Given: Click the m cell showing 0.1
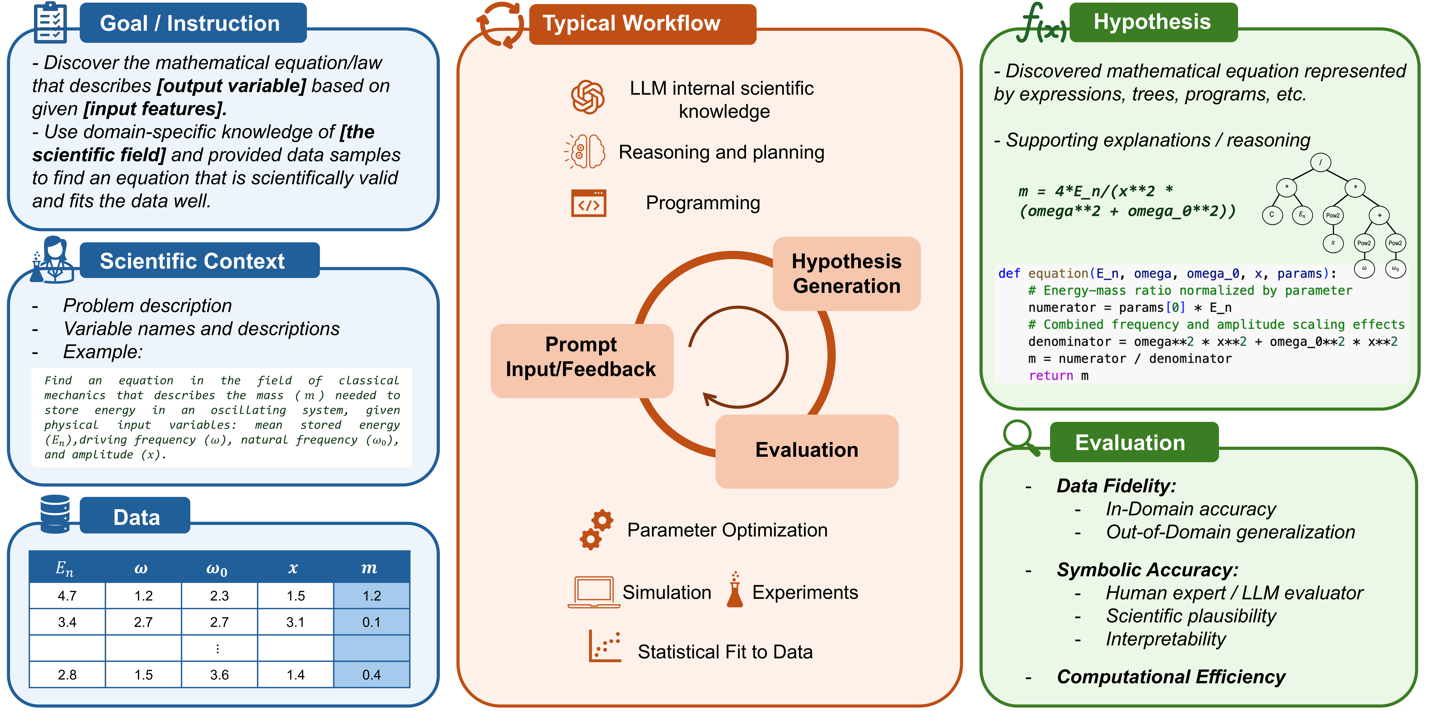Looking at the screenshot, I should [x=372, y=622].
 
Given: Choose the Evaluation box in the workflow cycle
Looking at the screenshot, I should [x=807, y=450].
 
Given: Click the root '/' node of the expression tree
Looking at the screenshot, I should [x=1320, y=162].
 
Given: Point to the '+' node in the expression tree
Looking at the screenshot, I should [x=1379, y=215].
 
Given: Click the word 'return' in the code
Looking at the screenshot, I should [x=1051, y=376].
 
